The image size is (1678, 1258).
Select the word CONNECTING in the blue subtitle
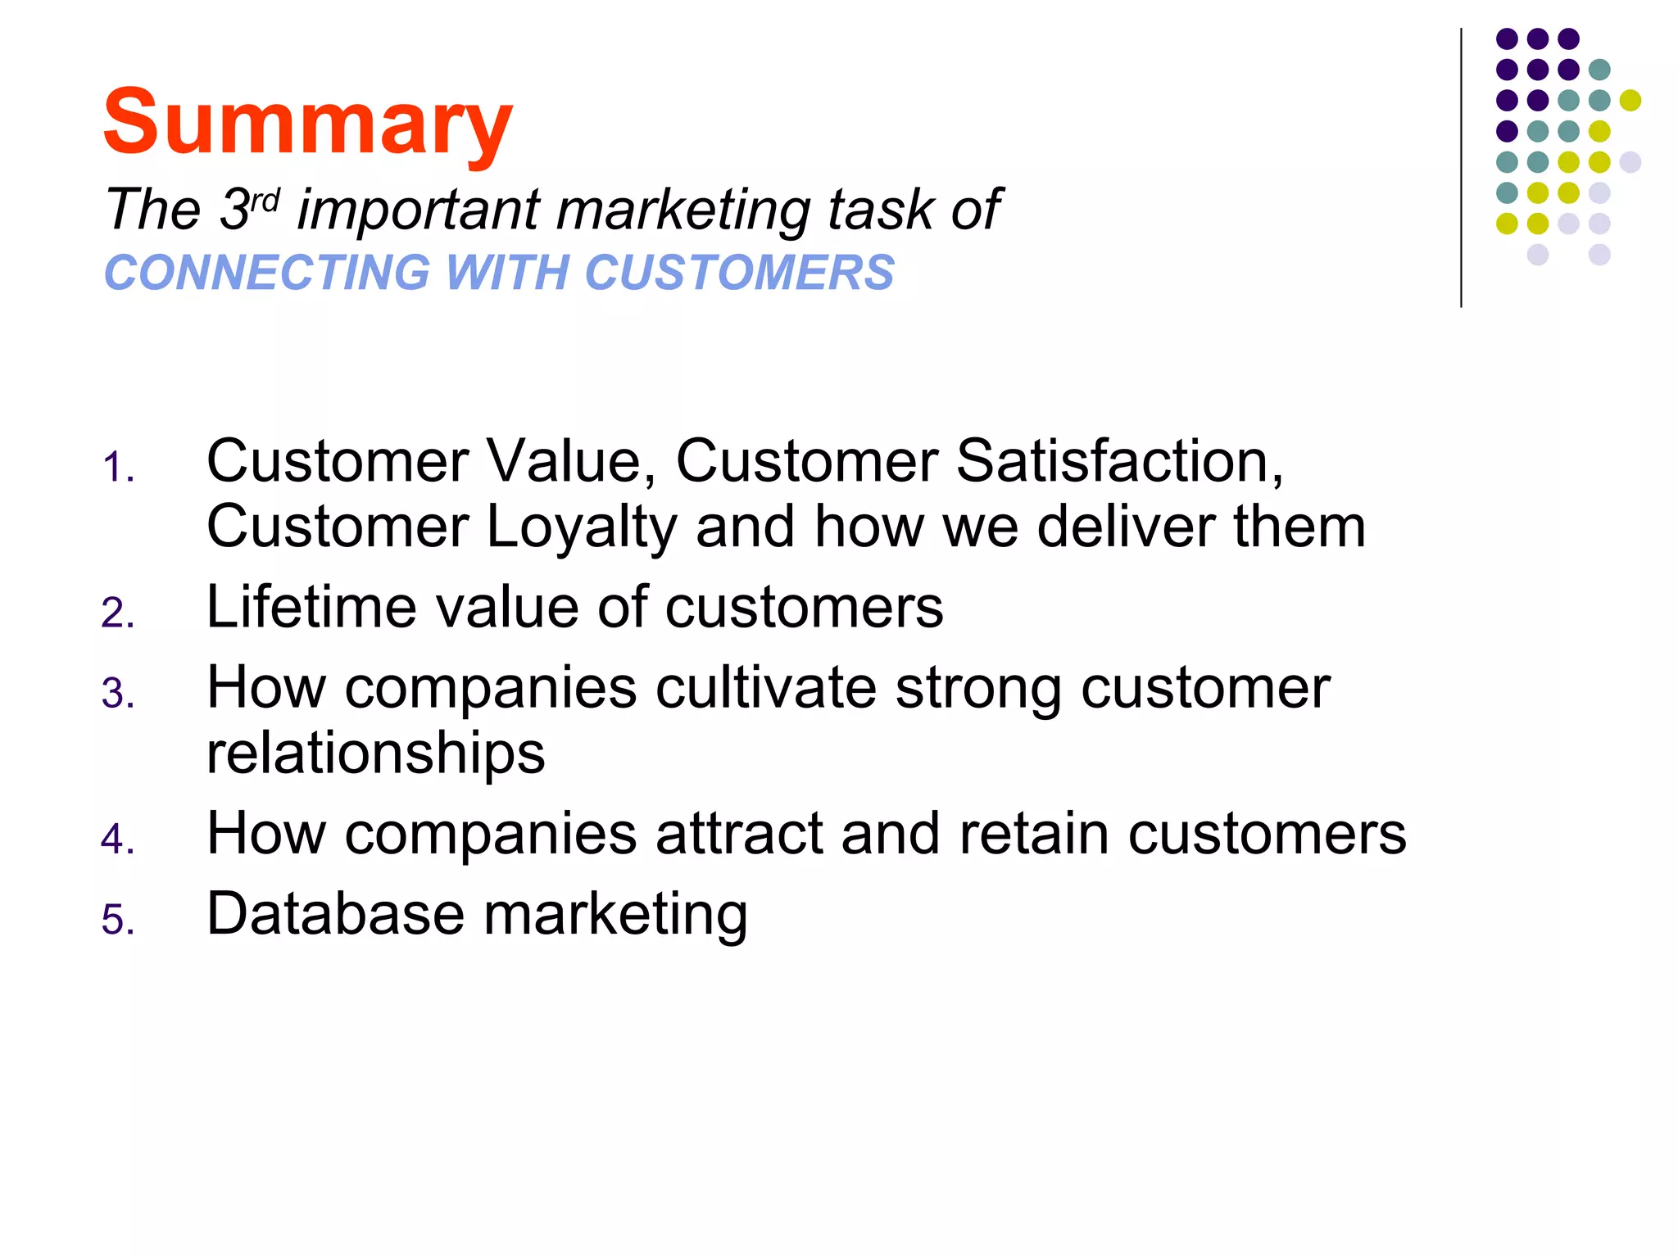(267, 273)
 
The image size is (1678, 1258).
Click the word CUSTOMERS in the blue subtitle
(739, 273)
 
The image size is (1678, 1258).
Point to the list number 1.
(118, 468)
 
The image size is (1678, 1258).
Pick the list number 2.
(118, 613)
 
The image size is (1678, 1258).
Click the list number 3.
(118, 694)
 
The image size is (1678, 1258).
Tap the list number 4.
(118, 839)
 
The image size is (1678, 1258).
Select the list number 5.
(118, 920)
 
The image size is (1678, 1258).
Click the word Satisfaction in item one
(1119, 461)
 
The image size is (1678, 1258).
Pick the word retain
(1033, 834)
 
